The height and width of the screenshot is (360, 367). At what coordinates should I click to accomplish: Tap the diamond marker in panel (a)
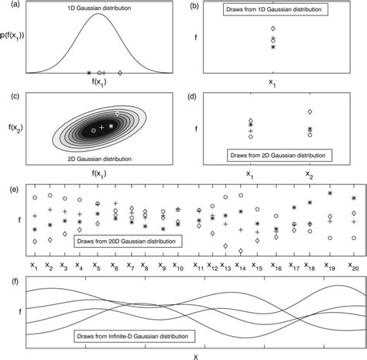point(119,73)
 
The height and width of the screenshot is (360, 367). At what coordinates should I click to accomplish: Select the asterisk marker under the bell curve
point(89,73)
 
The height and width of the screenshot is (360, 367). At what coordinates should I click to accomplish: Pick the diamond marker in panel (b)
point(273,29)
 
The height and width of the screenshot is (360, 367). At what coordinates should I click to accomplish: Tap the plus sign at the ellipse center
point(102,127)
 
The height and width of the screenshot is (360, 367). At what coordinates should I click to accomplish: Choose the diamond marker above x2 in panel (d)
point(310,112)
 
